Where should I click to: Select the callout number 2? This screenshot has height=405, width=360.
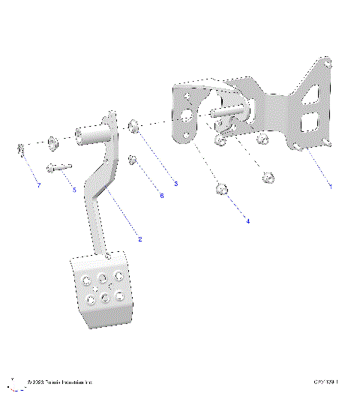coord(139,238)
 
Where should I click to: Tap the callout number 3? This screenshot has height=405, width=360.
coord(176,182)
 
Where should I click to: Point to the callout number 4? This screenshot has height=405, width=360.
coord(247,220)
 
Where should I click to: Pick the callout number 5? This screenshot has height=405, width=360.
coord(74,190)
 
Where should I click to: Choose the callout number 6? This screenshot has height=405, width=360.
coord(160,196)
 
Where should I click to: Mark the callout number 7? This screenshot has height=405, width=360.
coord(37,185)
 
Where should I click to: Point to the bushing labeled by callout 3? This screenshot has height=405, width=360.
coord(133,125)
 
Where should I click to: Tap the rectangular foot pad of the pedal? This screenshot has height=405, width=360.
coord(102,289)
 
